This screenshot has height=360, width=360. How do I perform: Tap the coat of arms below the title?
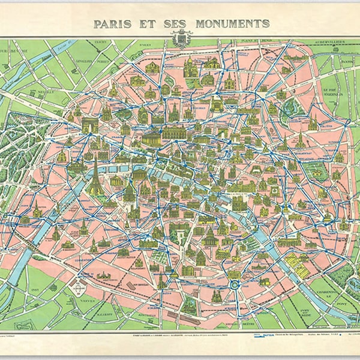pos(181,39)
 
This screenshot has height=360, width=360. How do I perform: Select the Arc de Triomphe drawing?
pos(90,124)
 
